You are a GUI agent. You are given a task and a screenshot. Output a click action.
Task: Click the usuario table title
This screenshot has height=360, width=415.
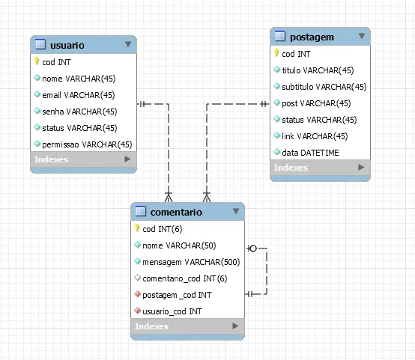click(67, 45)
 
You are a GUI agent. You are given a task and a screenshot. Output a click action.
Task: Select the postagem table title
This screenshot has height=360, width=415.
click(312, 37)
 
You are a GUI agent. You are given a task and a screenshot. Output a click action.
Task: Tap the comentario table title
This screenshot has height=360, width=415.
click(176, 212)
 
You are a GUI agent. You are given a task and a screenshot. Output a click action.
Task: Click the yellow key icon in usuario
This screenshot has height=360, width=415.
click(37, 61)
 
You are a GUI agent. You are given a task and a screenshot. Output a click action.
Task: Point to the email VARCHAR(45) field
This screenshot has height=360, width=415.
click(79, 95)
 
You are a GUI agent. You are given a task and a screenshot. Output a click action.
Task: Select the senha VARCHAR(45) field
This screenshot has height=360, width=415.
click(79, 112)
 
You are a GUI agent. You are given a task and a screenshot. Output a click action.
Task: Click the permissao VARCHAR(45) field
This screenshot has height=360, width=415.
click(87, 144)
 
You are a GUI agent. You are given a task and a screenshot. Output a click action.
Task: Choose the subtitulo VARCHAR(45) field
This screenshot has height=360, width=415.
click(324, 87)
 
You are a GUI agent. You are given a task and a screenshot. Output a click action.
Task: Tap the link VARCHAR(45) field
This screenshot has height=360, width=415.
click(315, 136)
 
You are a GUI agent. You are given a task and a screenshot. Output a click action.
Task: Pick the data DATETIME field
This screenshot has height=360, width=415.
click(310, 153)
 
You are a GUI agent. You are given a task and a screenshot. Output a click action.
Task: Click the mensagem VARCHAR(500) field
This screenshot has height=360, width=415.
click(191, 262)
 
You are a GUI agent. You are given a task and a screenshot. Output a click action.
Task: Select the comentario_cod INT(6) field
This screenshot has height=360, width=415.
click(185, 278)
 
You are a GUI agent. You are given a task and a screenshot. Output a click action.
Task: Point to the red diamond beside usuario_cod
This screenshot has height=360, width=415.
click(137, 310)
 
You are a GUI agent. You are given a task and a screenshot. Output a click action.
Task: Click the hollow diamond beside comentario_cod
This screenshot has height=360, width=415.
click(137, 277)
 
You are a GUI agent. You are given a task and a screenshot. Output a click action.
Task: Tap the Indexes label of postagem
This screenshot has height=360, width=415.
click(291, 168)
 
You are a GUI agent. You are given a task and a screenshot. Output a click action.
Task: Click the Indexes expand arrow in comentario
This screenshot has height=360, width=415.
click(235, 326)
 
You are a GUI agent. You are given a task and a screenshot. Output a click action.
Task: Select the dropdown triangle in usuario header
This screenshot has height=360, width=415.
click(128, 44)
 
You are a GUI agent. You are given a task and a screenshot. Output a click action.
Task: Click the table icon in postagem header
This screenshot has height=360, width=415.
click(280, 36)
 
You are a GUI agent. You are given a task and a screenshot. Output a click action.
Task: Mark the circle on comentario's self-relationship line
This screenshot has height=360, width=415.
click(253, 248)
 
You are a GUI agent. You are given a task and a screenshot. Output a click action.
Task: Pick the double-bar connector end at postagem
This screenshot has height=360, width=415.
click(264, 104)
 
